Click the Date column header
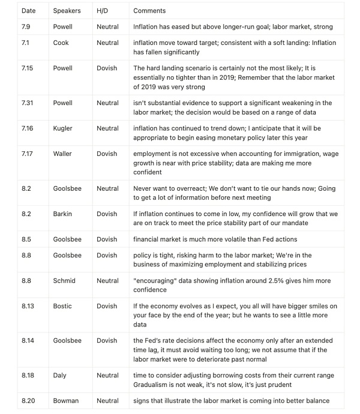(28, 11)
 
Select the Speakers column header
(67, 11)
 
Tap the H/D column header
(103, 11)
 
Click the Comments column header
(149, 11)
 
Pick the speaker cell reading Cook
(61, 43)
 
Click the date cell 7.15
(27, 68)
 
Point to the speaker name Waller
(63, 154)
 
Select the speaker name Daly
(60, 376)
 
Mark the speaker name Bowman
(66, 401)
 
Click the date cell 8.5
(26, 239)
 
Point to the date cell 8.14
(28, 341)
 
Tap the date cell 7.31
(27, 103)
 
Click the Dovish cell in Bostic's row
(107, 306)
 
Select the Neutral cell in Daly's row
(108, 376)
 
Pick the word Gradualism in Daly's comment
(152, 385)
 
